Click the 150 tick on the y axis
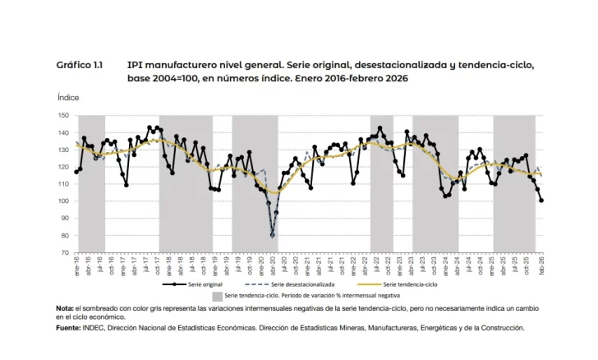[63, 116]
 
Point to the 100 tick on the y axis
[63, 201]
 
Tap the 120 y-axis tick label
[63, 167]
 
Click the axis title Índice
[68, 97]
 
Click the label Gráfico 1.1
[79, 64]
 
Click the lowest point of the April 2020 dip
[272, 236]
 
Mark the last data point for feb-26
[541, 201]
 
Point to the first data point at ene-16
[76, 172]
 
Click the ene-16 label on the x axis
[76, 264]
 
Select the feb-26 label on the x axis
[541, 264]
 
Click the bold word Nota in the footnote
[65, 308]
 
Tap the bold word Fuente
[68, 326]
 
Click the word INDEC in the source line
[93, 326]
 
